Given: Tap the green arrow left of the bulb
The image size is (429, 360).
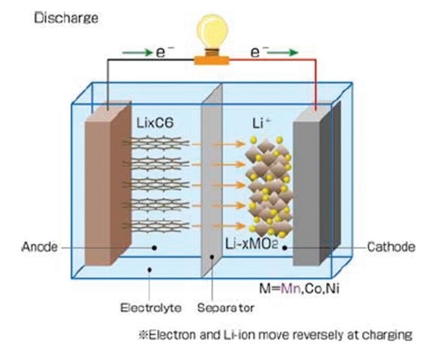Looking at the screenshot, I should click(x=137, y=52).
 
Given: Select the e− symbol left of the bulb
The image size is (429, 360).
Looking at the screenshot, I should click(x=164, y=52).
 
